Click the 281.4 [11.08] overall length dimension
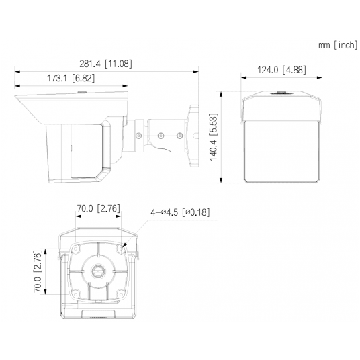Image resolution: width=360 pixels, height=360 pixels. coord(106,64)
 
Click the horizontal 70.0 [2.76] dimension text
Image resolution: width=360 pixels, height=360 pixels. coord(97,208)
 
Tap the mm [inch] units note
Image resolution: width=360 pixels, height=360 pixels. coord(338,46)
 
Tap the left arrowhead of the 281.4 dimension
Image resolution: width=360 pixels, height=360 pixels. coord(16,71)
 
